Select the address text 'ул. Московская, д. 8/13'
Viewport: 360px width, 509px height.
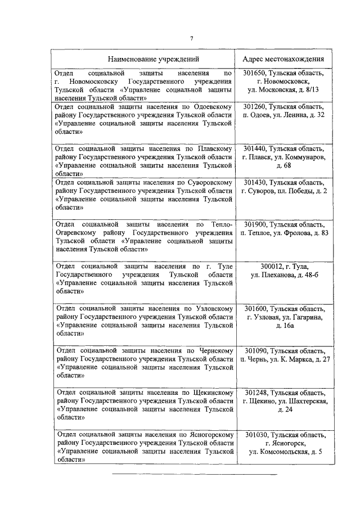(x=284, y=89)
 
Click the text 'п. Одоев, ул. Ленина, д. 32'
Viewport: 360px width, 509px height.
(x=284, y=115)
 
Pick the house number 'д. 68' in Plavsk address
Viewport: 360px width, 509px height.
(x=284, y=166)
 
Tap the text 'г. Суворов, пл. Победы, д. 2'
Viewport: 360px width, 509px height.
(x=284, y=191)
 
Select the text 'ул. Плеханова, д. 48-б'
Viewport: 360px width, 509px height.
(x=284, y=274)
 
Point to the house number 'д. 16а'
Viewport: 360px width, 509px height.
(x=284, y=326)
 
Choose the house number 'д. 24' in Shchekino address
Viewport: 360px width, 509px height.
(x=284, y=409)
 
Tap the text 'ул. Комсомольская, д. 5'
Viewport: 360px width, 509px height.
(x=284, y=452)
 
